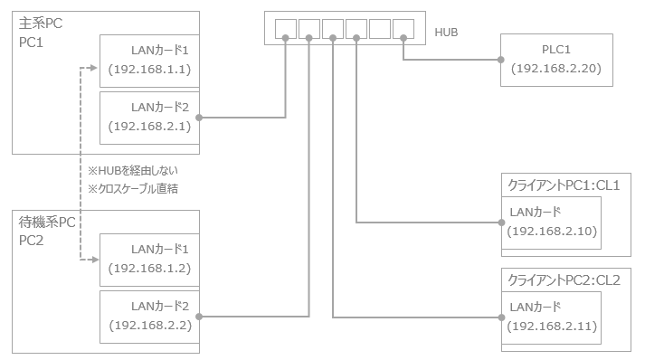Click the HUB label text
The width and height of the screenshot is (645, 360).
click(446, 33)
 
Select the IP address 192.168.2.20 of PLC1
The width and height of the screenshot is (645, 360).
click(556, 69)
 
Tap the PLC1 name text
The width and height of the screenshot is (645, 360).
click(556, 50)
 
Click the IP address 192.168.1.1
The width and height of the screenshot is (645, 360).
click(149, 69)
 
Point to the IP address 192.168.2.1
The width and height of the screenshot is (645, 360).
click(149, 126)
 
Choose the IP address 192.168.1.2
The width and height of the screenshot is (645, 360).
click(149, 269)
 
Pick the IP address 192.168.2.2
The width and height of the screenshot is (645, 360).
click(150, 325)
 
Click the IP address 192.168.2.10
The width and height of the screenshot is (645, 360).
click(552, 232)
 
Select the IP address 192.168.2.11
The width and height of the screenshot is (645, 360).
click(552, 327)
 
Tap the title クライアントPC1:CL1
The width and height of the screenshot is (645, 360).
click(564, 185)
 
